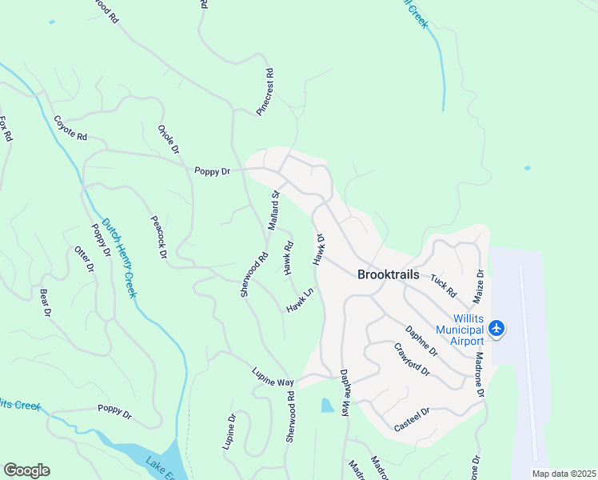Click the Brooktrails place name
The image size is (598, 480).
(388, 274)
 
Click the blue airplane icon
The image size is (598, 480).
(497, 328)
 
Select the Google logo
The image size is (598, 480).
(26, 470)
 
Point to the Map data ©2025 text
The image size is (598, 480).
(563, 474)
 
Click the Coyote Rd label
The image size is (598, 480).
(70, 128)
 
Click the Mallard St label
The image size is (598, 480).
(273, 210)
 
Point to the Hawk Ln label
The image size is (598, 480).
(300, 301)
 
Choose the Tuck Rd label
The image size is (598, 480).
(442, 284)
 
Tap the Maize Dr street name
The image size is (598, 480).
(480, 285)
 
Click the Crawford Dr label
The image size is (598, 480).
(413, 360)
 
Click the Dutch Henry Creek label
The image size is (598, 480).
(118, 258)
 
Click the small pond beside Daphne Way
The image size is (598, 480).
(327, 406)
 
